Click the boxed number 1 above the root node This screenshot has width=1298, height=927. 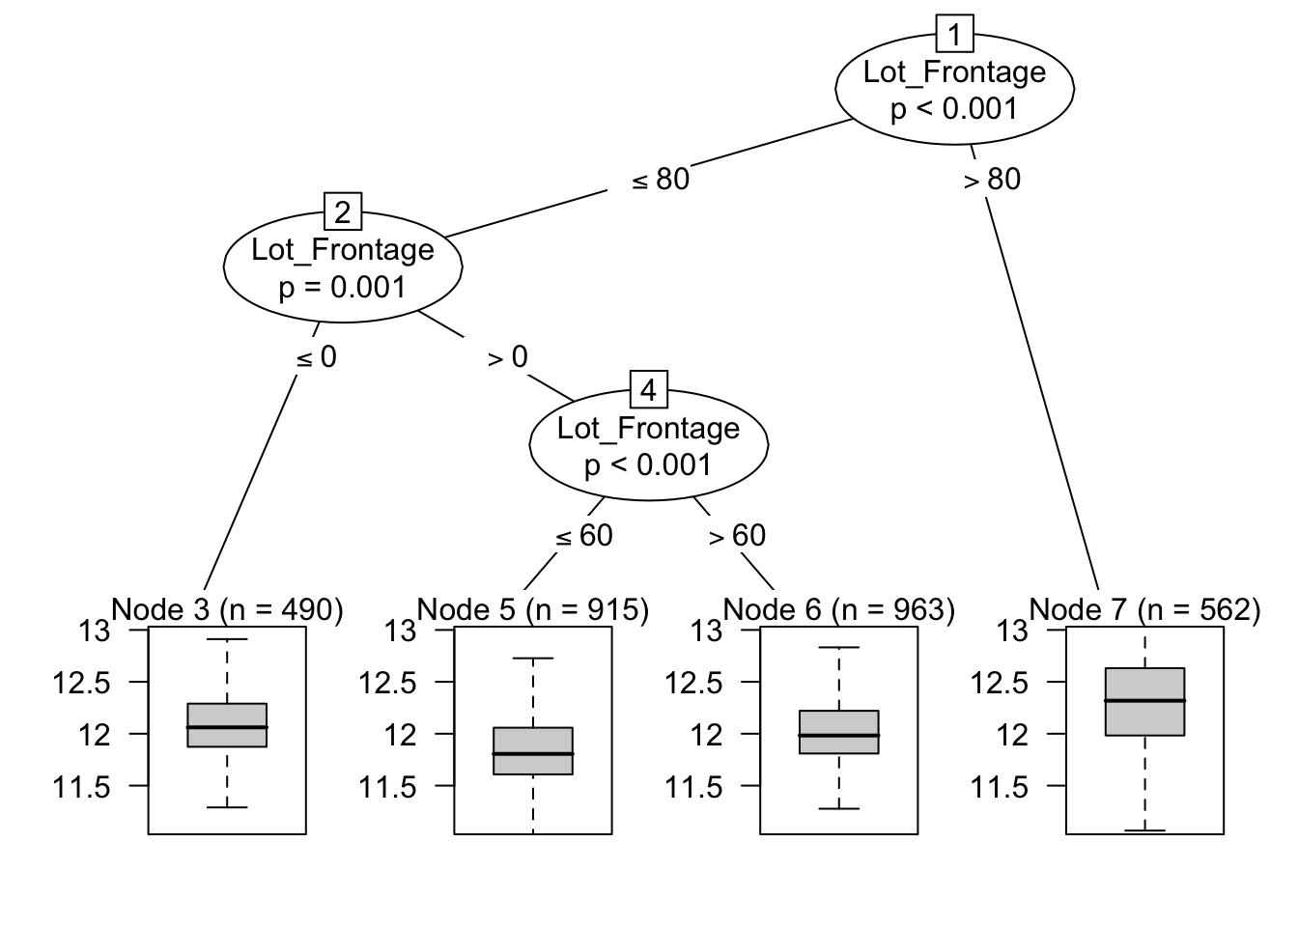(x=954, y=36)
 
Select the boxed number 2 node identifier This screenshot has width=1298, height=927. (x=343, y=211)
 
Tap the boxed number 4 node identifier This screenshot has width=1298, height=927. (x=648, y=390)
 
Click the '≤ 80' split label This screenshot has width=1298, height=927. (x=661, y=180)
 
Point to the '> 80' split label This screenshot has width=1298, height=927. (x=993, y=180)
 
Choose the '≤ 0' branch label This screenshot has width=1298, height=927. (x=317, y=357)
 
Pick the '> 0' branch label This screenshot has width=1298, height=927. (x=508, y=357)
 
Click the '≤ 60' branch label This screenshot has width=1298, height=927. (x=585, y=535)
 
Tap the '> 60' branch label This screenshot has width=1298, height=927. (x=738, y=535)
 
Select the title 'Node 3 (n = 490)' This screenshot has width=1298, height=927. (x=227, y=609)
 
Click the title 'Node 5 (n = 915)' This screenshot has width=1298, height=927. (x=533, y=609)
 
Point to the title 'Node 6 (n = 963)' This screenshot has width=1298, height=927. (x=838, y=609)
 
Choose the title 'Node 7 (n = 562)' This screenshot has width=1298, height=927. (x=1144, y=609)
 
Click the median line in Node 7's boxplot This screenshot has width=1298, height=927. (x=1144, y=700)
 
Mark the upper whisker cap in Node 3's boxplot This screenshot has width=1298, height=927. (x=227, y=639)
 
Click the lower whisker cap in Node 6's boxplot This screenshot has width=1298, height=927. (x=838, y=808)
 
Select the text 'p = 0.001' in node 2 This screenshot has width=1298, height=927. (x=343, y=287)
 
